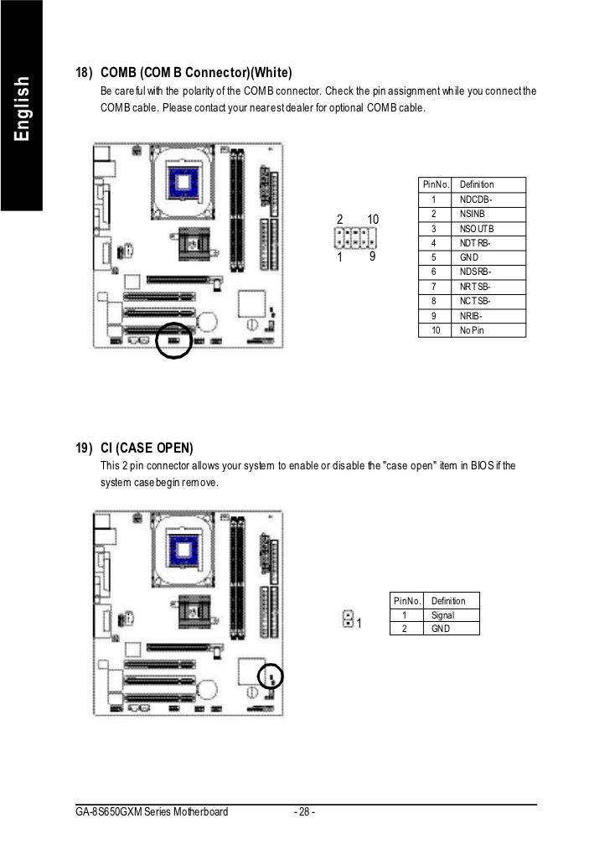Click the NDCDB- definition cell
(475, 199)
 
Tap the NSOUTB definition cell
(477, 229)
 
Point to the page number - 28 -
(304, 811)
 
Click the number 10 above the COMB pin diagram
(373, 219)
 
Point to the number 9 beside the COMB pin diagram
(370, 257)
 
